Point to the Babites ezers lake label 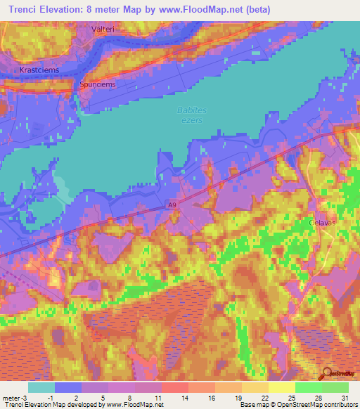point(188,115)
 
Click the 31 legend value point(343,397)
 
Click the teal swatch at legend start point(41,387)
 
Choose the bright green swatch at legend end point(335,387)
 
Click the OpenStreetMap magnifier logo point(328,373)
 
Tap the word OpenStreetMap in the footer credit point(289,405)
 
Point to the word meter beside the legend point(11,397)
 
